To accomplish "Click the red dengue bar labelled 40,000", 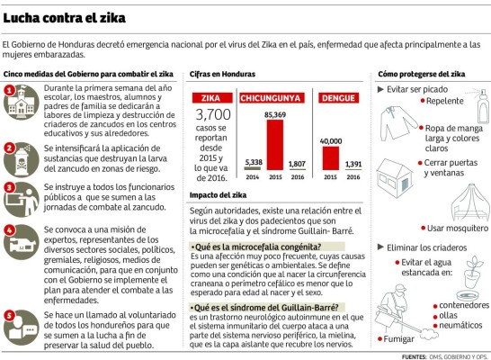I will click(330, 157).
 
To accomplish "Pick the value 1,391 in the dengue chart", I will click(353, 165).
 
